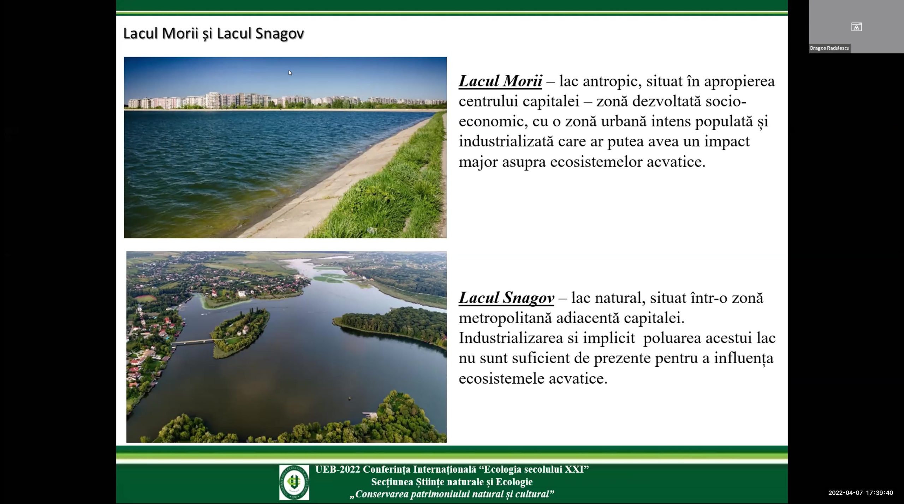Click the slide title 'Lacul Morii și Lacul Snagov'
click(214, 34)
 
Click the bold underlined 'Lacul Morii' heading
click(500, 81)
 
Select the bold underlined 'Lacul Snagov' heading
click(506, 298)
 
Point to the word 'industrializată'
click(506, 142)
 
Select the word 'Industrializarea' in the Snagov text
click(511, 338)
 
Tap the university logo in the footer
click(294, 482)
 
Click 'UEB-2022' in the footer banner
click(337, 469)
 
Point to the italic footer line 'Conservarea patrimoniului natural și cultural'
click(452, 494)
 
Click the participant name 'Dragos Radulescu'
click(829, 48)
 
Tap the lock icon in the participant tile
click(856, 27)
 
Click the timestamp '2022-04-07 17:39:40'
click(861, 493)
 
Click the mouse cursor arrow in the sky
click(290, 73)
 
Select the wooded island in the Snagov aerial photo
click(240, 332)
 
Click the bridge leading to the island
click(193, 342)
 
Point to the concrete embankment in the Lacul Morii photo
click(339, 184)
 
